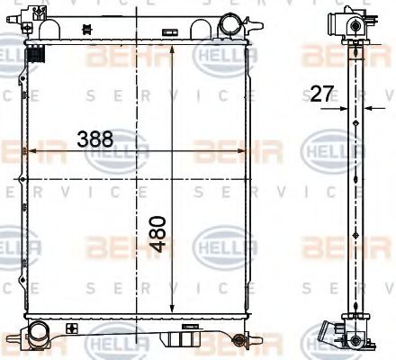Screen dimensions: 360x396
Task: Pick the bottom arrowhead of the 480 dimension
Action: (171, 313)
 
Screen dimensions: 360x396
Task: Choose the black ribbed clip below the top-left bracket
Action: (37, 55)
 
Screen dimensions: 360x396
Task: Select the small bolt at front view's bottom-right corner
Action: (238, 339)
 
